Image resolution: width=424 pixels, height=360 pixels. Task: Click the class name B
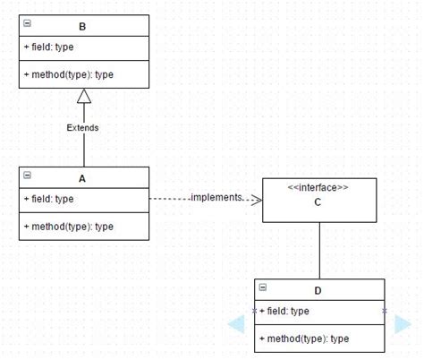(x=82, y=27)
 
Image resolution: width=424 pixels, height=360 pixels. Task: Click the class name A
(x=82, y=177)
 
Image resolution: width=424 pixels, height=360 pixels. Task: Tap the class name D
(x=319, y=289)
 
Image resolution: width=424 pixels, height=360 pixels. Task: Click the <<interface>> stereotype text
(x=318, y=187)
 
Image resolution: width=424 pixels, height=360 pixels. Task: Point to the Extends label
(x=83, y=128)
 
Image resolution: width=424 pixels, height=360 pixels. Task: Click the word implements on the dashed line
(x=216, y=197)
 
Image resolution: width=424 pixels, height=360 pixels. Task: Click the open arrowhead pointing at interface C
(x=255, y=199)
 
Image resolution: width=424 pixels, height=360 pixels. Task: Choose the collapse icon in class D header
(x=263, y=287)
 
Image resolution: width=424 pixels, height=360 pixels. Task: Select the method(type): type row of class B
(x=69, y=74)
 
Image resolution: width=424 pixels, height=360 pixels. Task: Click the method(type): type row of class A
(x=69, y=227)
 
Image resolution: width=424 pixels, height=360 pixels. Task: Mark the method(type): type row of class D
(x=304, y=339)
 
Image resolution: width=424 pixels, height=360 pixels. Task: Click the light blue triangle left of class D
(x=236, y=324)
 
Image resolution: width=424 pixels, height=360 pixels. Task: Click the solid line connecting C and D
(x=319, y=251)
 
